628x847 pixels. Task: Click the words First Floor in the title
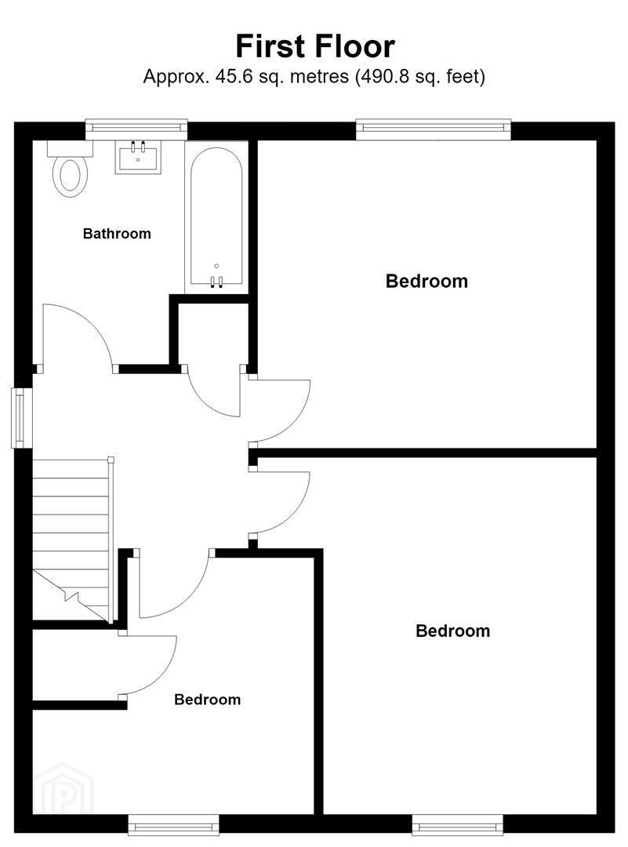315,46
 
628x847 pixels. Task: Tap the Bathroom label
117,234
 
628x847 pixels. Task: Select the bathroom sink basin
138,157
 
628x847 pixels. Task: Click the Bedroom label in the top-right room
427,281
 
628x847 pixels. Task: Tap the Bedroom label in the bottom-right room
453,631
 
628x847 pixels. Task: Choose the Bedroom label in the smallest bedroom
207,700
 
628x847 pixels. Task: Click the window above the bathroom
136,128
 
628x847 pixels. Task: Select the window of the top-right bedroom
433,129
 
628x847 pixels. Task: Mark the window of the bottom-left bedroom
174,826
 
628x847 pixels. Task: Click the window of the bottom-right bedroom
458,826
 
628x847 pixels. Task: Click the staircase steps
71,540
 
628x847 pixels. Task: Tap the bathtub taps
216,280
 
